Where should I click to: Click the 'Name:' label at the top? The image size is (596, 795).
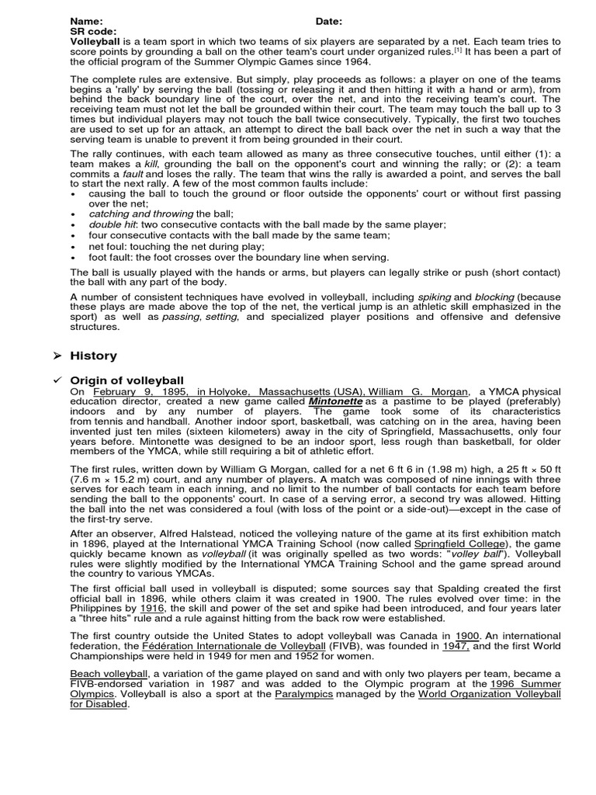[x=86, y=21]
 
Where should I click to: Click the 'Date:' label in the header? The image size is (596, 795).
[x=328, y=21]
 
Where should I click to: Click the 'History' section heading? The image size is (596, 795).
[x=94, y=356]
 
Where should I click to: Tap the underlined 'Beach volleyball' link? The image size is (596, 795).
[x=109, y=673]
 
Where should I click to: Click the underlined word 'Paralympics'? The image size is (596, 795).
[x=304, y=694]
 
